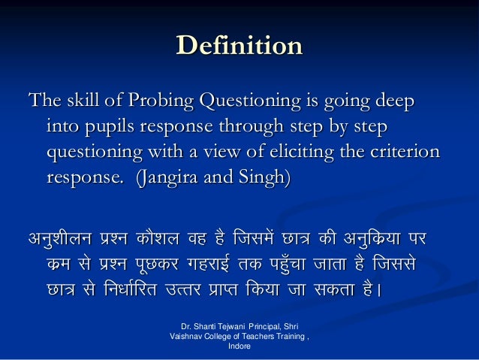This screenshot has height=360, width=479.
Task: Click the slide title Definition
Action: [x=239, y=47]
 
